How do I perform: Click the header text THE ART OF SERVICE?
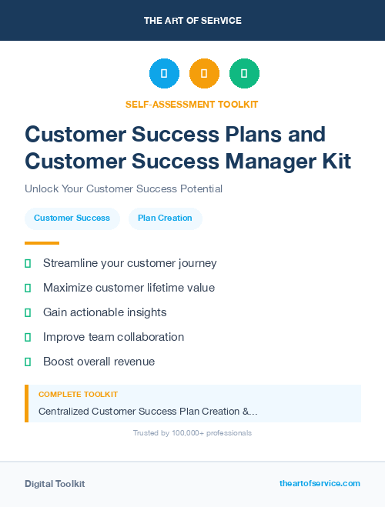coord(192,21)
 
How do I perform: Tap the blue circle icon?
coord(164,74)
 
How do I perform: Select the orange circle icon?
coord(204,74)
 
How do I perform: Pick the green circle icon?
coord(244,74)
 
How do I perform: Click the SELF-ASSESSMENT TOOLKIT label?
coord(192,104)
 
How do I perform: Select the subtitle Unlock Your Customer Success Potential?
coord(123,188)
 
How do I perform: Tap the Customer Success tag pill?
coord(72,218)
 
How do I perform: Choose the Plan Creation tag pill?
coord(165,218)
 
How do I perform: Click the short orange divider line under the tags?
coord(42,243)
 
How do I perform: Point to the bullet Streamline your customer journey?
coord(129,263)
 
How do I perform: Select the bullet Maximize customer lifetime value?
coord(129,288)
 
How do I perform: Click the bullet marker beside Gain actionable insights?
coord(28,312)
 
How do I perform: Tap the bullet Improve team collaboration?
coord(113,337)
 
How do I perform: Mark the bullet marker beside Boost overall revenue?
coord(28,362)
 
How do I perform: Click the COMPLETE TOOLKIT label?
coord(78,395)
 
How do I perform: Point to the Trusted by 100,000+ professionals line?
coord(192,433)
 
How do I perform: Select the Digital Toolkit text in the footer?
coord(55,484)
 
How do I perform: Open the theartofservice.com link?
coord(320,483)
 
